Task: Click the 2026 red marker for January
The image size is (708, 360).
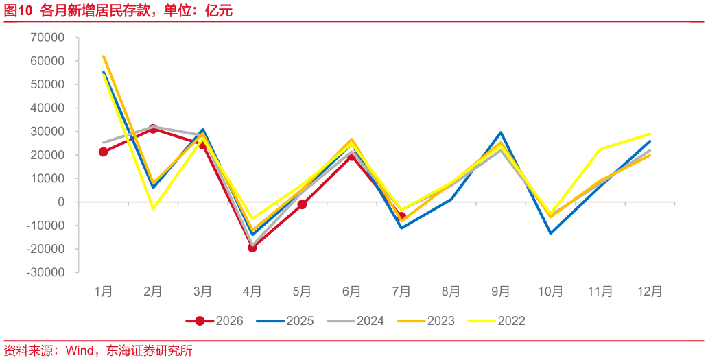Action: pos(104,152)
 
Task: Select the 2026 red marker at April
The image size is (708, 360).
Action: pos(252,248)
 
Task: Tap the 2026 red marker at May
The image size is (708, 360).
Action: pos(302,204)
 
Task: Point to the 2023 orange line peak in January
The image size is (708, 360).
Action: pos(104,56)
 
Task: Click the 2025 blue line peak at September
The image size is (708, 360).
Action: pos(501,132)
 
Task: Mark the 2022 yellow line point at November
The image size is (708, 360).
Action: pos(600,149)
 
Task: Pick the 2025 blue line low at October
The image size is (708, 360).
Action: pos(550,233)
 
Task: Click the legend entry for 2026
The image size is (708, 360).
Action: pos(215,321)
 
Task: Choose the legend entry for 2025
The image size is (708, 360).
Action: pos(285,321)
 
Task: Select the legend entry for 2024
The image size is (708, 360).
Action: pos(355,321)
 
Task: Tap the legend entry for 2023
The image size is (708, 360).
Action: pos(426,321)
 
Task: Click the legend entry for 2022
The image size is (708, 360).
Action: pos(496,321)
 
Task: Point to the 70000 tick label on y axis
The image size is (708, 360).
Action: pos(47,38)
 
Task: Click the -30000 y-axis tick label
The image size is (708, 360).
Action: pos(45,272)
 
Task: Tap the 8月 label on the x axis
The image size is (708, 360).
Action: pos(451,291)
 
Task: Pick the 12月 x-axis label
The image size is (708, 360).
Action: pos(650,291)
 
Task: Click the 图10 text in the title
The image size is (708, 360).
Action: pos(19,10)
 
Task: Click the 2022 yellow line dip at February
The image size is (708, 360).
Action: pos(153,208)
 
